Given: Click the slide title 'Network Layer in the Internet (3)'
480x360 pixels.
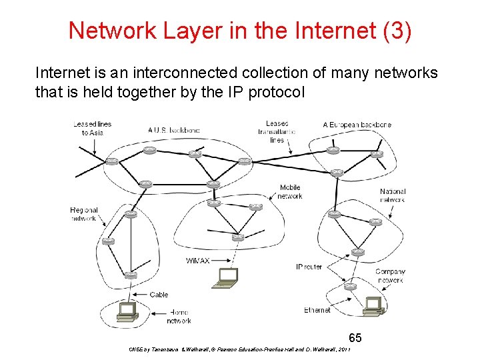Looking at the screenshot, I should [240, 30].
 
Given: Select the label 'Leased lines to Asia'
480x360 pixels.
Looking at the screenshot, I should [93, 128].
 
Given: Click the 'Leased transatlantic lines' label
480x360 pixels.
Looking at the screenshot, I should [277, 131].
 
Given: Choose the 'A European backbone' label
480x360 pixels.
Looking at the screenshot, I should [357, 125].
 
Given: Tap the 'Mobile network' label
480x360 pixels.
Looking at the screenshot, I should [290, 192].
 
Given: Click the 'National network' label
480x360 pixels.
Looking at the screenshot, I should [392, 195].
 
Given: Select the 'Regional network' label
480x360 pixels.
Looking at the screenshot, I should [84, 214].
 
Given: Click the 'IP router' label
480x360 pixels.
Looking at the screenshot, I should [309, 267].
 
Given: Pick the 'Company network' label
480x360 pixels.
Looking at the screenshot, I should [389, 276].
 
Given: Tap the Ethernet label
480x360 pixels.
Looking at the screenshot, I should [317, 310].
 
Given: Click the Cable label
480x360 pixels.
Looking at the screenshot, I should [159, 295].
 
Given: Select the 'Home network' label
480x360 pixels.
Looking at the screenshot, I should [178, 316].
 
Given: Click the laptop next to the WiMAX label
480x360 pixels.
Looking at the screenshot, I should [226, 277].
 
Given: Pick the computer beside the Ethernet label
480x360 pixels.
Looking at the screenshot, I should [373, 306].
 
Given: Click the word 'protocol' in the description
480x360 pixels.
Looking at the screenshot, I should [276, 92].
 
